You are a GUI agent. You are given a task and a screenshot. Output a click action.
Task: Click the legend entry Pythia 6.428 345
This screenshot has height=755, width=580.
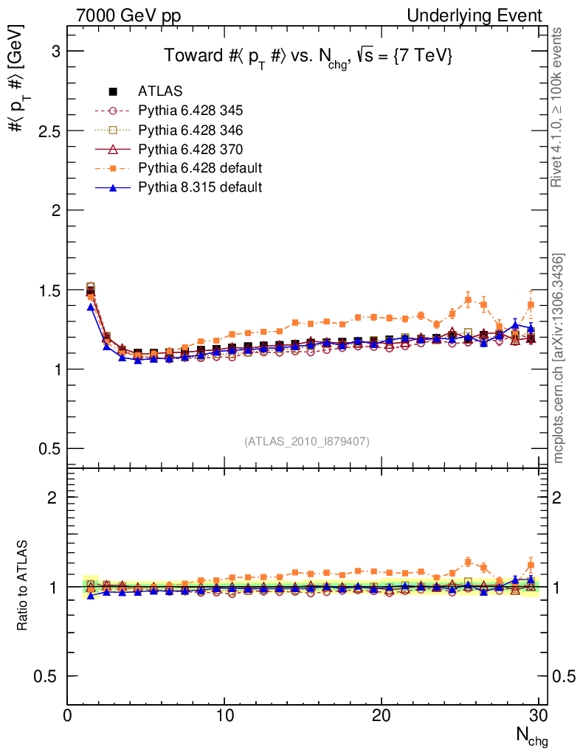190,111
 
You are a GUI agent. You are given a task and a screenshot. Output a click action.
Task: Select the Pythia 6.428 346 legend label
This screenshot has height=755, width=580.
190,131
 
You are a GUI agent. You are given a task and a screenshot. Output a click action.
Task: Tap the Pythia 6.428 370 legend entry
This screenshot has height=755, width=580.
190,150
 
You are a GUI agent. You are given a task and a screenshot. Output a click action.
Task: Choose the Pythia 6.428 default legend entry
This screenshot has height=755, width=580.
200,169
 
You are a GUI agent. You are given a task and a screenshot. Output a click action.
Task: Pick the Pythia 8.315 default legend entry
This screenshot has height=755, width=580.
200,187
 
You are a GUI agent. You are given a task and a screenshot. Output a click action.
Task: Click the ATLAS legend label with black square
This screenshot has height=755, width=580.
160,92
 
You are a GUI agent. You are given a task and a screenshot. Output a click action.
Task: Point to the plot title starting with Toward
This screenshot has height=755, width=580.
308,57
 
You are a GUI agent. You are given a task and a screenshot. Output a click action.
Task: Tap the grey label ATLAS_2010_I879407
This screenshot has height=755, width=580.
307,442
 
